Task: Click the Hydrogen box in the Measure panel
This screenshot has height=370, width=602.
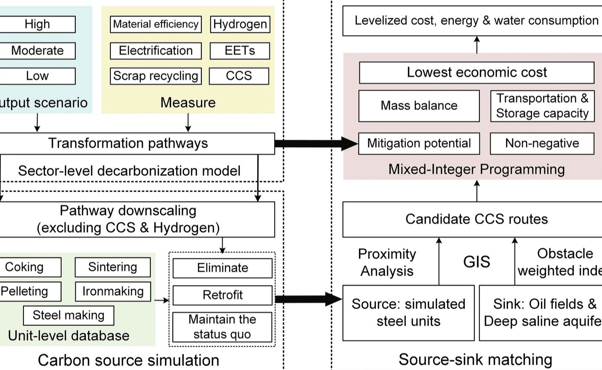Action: (240, 24)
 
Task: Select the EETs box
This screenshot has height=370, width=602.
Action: (240, 51)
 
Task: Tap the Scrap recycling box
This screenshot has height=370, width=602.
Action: (155, 76)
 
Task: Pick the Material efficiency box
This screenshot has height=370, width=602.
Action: (155, 24)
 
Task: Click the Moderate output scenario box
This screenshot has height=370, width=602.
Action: (37, 51)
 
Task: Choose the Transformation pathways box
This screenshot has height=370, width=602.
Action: (128, 143)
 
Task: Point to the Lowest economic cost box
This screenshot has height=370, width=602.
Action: (476, 72)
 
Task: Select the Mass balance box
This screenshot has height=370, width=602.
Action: (419, 106)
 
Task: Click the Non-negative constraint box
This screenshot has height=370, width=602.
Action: (542, 143)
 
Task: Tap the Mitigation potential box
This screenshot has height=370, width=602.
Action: (419, 143)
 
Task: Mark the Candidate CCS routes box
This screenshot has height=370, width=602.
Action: (476, 219)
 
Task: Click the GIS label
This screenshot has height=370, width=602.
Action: (476, 262)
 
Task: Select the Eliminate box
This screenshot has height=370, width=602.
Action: (223, 268)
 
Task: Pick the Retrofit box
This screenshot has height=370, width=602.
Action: (223, 295)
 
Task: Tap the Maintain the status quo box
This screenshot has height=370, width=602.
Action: (223, 327)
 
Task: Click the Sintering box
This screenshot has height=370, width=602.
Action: (113, 267)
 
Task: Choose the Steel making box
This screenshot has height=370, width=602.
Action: (68, 315)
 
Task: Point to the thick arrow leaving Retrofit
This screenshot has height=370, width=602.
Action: (308, 299)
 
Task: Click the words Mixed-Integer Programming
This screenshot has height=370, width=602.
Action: (476, 169)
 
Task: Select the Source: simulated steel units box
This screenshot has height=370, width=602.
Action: (408, 312)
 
